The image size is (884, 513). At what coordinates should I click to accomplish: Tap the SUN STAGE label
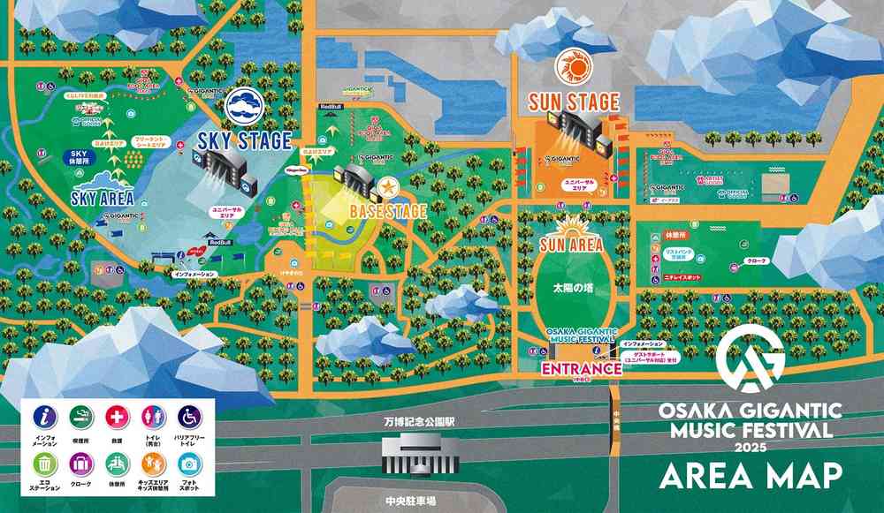pyautogui.click(x=574, y=102)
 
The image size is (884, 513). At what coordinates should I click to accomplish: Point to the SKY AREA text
pyautogui.click(x=104, y=198)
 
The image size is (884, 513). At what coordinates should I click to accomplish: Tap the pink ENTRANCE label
pyautogui.click(x=581, y=368)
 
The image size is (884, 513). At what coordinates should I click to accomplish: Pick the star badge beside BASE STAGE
pyautogui.click(x=387, y=187)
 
